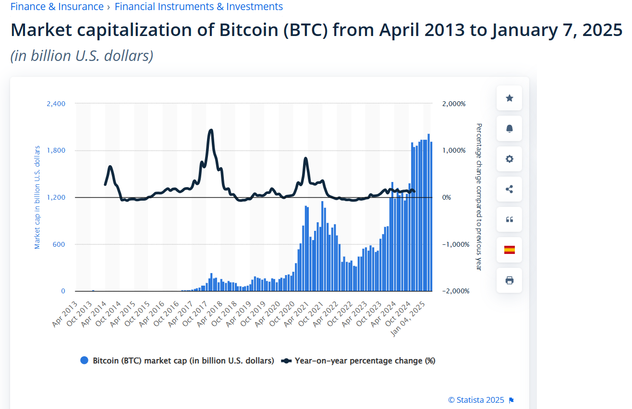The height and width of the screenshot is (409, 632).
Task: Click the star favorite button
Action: (x=509, y=98)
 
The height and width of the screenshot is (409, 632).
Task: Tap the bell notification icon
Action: (x=509, y=128)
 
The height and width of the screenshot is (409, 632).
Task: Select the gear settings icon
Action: (x=509, y=159)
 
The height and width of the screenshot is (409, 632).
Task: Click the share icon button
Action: (x=509, y=189)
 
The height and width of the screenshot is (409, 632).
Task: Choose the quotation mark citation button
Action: (x=509, y=219)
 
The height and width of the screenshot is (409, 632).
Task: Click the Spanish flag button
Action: (x=509, y=250)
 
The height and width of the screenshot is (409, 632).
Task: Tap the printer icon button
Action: (x=509, y=280)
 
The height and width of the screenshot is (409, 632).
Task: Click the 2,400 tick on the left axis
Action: (x=56, y=104)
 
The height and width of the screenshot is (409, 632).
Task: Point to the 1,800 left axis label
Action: (x=56, y=150)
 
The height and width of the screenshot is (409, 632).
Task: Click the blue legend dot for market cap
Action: (x=85, y=361)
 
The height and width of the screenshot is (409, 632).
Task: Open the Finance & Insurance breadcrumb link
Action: (x=57, y=7)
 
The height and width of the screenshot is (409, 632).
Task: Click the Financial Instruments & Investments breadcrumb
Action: (x=199, y=7)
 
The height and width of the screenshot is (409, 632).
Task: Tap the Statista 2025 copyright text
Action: (x=476, y=400)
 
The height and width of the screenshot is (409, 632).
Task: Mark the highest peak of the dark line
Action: (x=210, y=131)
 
